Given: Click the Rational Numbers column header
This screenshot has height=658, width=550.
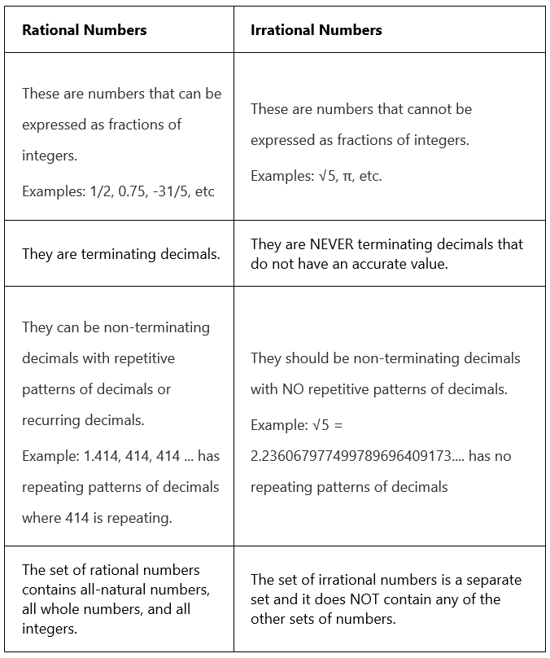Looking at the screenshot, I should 85,30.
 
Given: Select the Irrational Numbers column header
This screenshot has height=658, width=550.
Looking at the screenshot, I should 316,30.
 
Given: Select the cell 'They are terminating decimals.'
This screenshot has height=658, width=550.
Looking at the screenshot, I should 120,254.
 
